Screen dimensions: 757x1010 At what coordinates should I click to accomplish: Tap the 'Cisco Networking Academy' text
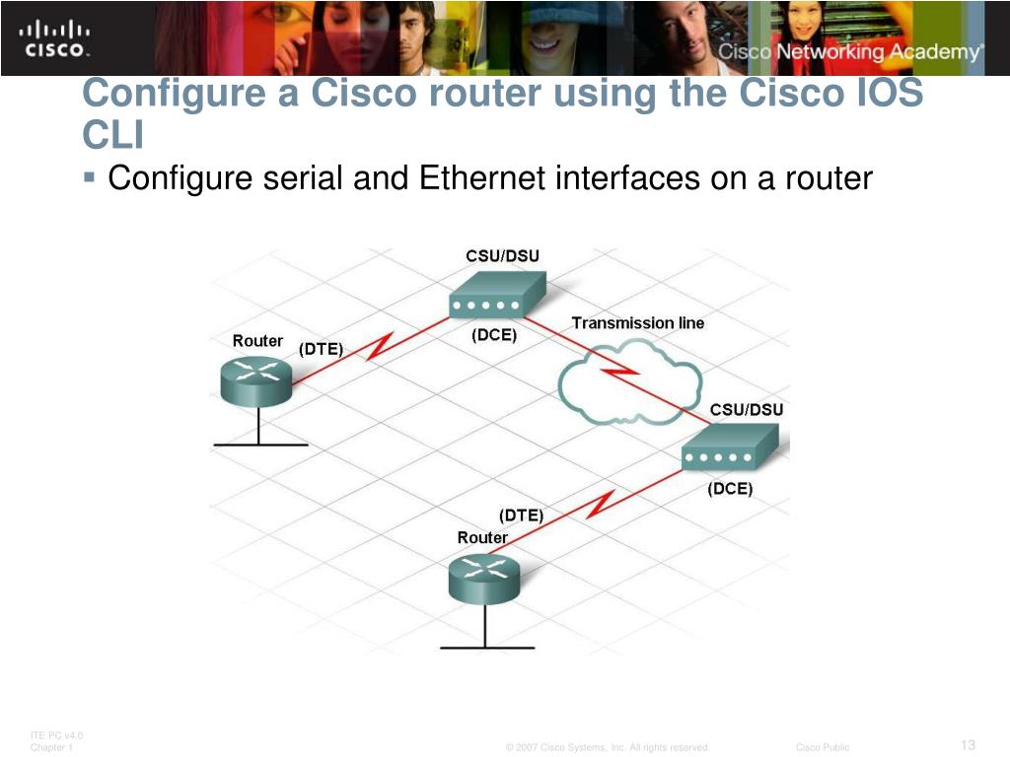(850, 52)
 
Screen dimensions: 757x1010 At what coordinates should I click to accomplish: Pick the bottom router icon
(482, 579)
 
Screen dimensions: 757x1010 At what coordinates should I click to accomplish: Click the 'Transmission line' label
(638, 322)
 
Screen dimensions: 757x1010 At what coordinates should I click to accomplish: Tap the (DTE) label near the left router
(321, 349)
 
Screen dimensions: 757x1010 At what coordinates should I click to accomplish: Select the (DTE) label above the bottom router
(521, 515)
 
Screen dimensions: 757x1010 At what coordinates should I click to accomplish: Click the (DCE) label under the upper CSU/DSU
(494, 335)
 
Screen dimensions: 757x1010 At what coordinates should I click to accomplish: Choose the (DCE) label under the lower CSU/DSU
(730, 489)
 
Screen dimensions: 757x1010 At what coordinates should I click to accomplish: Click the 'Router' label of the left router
(257, 340)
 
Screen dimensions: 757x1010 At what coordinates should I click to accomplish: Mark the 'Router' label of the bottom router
(482, 537)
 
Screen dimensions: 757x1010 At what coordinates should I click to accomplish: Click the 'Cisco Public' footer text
(823, 748)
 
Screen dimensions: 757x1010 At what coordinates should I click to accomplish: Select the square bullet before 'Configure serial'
(90, 177)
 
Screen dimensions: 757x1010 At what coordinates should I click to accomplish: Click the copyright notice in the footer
(608, 748)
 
